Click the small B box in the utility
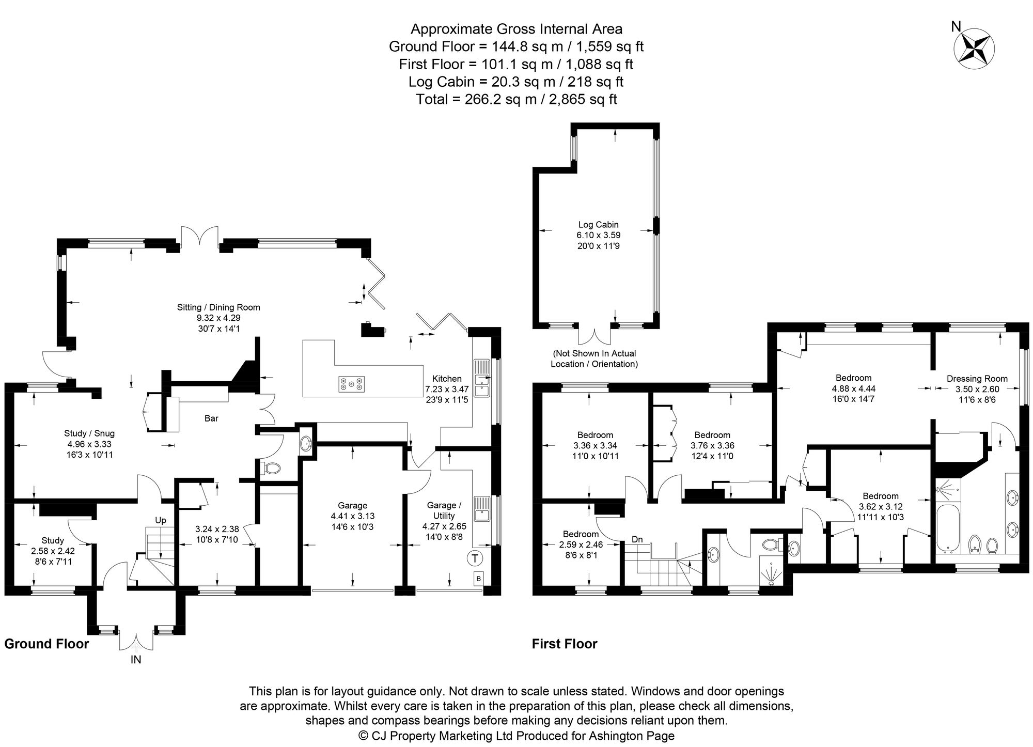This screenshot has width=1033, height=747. (x=478, y=579)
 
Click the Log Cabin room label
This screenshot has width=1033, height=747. (x=598, y=225)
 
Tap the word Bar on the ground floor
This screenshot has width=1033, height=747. (x=211, y=418)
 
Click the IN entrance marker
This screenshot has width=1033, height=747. (x=136, y=660)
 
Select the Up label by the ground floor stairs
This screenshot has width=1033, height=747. (x=161, y=520)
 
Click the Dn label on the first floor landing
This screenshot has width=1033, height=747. (x=637, y=539)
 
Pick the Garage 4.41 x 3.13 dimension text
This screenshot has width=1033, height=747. (x=353, y=516)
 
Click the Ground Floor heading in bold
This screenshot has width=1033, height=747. (x=46, y=644)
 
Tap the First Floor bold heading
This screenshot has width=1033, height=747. (x=565, y=644)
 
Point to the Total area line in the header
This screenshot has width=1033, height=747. (x=516, y=99)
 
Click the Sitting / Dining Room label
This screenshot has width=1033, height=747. (x=218, y=307)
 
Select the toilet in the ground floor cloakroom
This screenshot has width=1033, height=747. (x=272, y=469)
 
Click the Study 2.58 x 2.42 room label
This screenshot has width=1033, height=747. (x=53, y=541)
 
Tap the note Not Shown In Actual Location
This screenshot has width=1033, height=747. (x=594, y=359)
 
